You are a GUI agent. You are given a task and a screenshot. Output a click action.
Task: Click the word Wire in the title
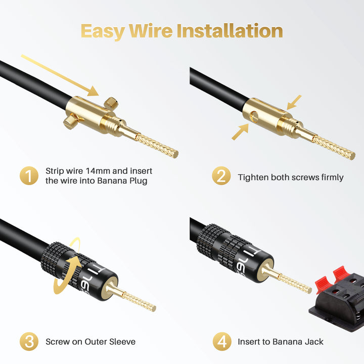151,31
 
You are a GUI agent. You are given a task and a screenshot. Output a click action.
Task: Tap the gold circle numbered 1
29,176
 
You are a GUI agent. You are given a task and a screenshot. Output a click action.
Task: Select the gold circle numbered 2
221,176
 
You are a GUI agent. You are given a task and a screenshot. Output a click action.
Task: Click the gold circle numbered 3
29,341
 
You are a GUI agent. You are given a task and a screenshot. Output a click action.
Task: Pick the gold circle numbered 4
222,341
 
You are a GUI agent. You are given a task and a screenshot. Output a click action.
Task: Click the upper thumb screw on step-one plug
111,103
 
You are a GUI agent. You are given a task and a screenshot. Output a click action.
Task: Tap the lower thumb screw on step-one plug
71,120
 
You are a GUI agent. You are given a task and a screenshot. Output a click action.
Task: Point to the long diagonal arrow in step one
60,75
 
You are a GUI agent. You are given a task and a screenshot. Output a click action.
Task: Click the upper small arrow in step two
294,102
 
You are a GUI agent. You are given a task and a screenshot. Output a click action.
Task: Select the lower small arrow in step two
240,132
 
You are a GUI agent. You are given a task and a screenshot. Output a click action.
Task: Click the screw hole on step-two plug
254,117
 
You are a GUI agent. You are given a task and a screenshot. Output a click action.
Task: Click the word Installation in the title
230,31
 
